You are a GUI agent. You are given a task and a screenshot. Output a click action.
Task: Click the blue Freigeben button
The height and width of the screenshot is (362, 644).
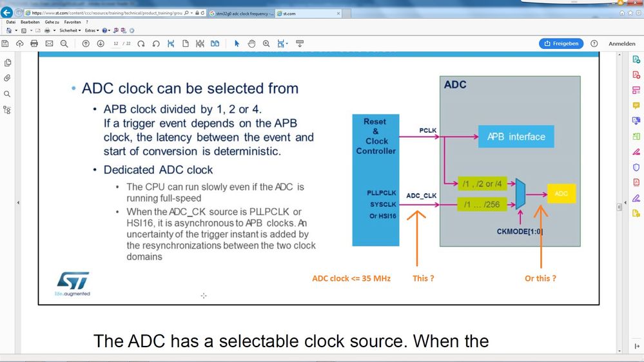(x=561, y=44)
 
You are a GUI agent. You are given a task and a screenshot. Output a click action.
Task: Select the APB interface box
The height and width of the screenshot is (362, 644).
(x=516, y=137)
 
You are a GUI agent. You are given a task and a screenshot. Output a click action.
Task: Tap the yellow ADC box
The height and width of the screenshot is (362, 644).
(x=561, y=193)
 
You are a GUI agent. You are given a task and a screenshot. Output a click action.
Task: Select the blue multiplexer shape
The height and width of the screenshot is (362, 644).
(x=521, y=194)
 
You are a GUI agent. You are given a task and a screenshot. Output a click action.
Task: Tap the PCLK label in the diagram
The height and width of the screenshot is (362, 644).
(x=427, y=131)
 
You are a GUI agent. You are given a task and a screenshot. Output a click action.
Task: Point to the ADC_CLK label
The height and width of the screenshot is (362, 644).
(x=422, y=195)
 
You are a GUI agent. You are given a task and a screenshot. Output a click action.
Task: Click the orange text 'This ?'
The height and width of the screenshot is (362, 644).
(x=423, y=278)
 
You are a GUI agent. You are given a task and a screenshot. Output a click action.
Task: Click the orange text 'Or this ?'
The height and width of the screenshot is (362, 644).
(x=540, y=278)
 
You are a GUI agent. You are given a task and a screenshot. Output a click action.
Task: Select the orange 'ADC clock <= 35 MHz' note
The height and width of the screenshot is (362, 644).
(x=351, y=278)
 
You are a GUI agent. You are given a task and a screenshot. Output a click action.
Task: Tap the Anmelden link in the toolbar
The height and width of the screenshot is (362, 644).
(x=621, y=44)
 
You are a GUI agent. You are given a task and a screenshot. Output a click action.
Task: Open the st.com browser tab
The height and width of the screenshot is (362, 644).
(x=287, y=13)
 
